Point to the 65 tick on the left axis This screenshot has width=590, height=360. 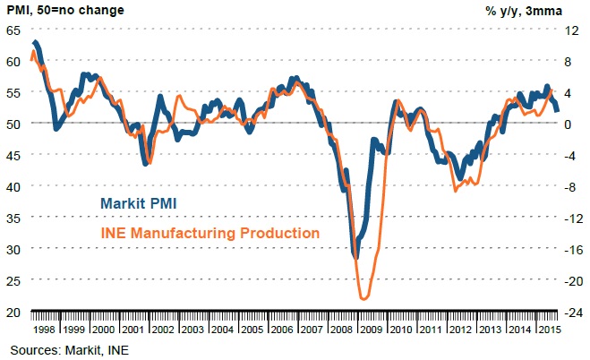point(14,30)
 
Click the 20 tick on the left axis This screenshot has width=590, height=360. point(14,312)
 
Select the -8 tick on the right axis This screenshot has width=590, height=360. point(569,186)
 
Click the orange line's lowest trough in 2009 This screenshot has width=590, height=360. point(363,298)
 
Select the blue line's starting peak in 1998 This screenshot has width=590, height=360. point(34,42)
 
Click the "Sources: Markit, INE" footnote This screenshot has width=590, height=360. point(69,349)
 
